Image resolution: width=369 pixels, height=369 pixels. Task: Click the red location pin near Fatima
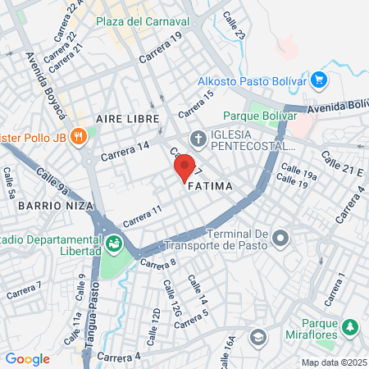click(184, 167)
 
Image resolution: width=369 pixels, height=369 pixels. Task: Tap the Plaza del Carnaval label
click(143, 20)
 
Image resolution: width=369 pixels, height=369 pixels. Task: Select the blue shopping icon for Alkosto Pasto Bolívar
click(320, 80)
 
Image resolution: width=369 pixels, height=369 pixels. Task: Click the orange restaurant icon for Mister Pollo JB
click(79, 136)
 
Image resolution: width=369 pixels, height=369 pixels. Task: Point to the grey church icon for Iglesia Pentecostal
click(198, 138)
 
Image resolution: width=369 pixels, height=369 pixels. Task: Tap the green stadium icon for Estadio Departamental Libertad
click(113, 244)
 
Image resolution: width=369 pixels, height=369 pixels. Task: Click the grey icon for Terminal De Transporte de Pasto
click(281, 239)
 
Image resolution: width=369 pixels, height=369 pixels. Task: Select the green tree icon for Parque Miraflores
click(350, 326)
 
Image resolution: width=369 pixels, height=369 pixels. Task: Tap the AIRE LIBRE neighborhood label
click(126, 119)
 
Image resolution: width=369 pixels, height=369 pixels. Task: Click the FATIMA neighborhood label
click(211, 187)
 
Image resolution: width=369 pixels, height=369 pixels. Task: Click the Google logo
click(27, 358)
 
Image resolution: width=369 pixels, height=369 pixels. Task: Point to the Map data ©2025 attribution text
click(334, 362)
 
